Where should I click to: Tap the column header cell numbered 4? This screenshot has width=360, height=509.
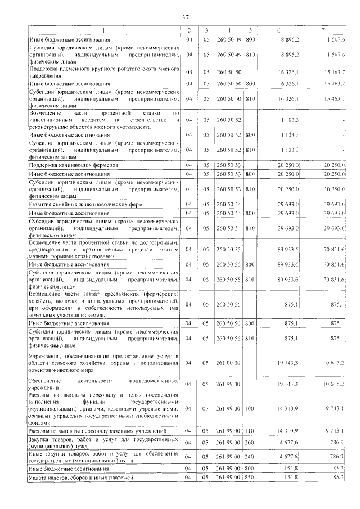pyautogui.click(x=229, y=30)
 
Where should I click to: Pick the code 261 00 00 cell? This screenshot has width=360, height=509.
pyautogui.click(x=228, y=363)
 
